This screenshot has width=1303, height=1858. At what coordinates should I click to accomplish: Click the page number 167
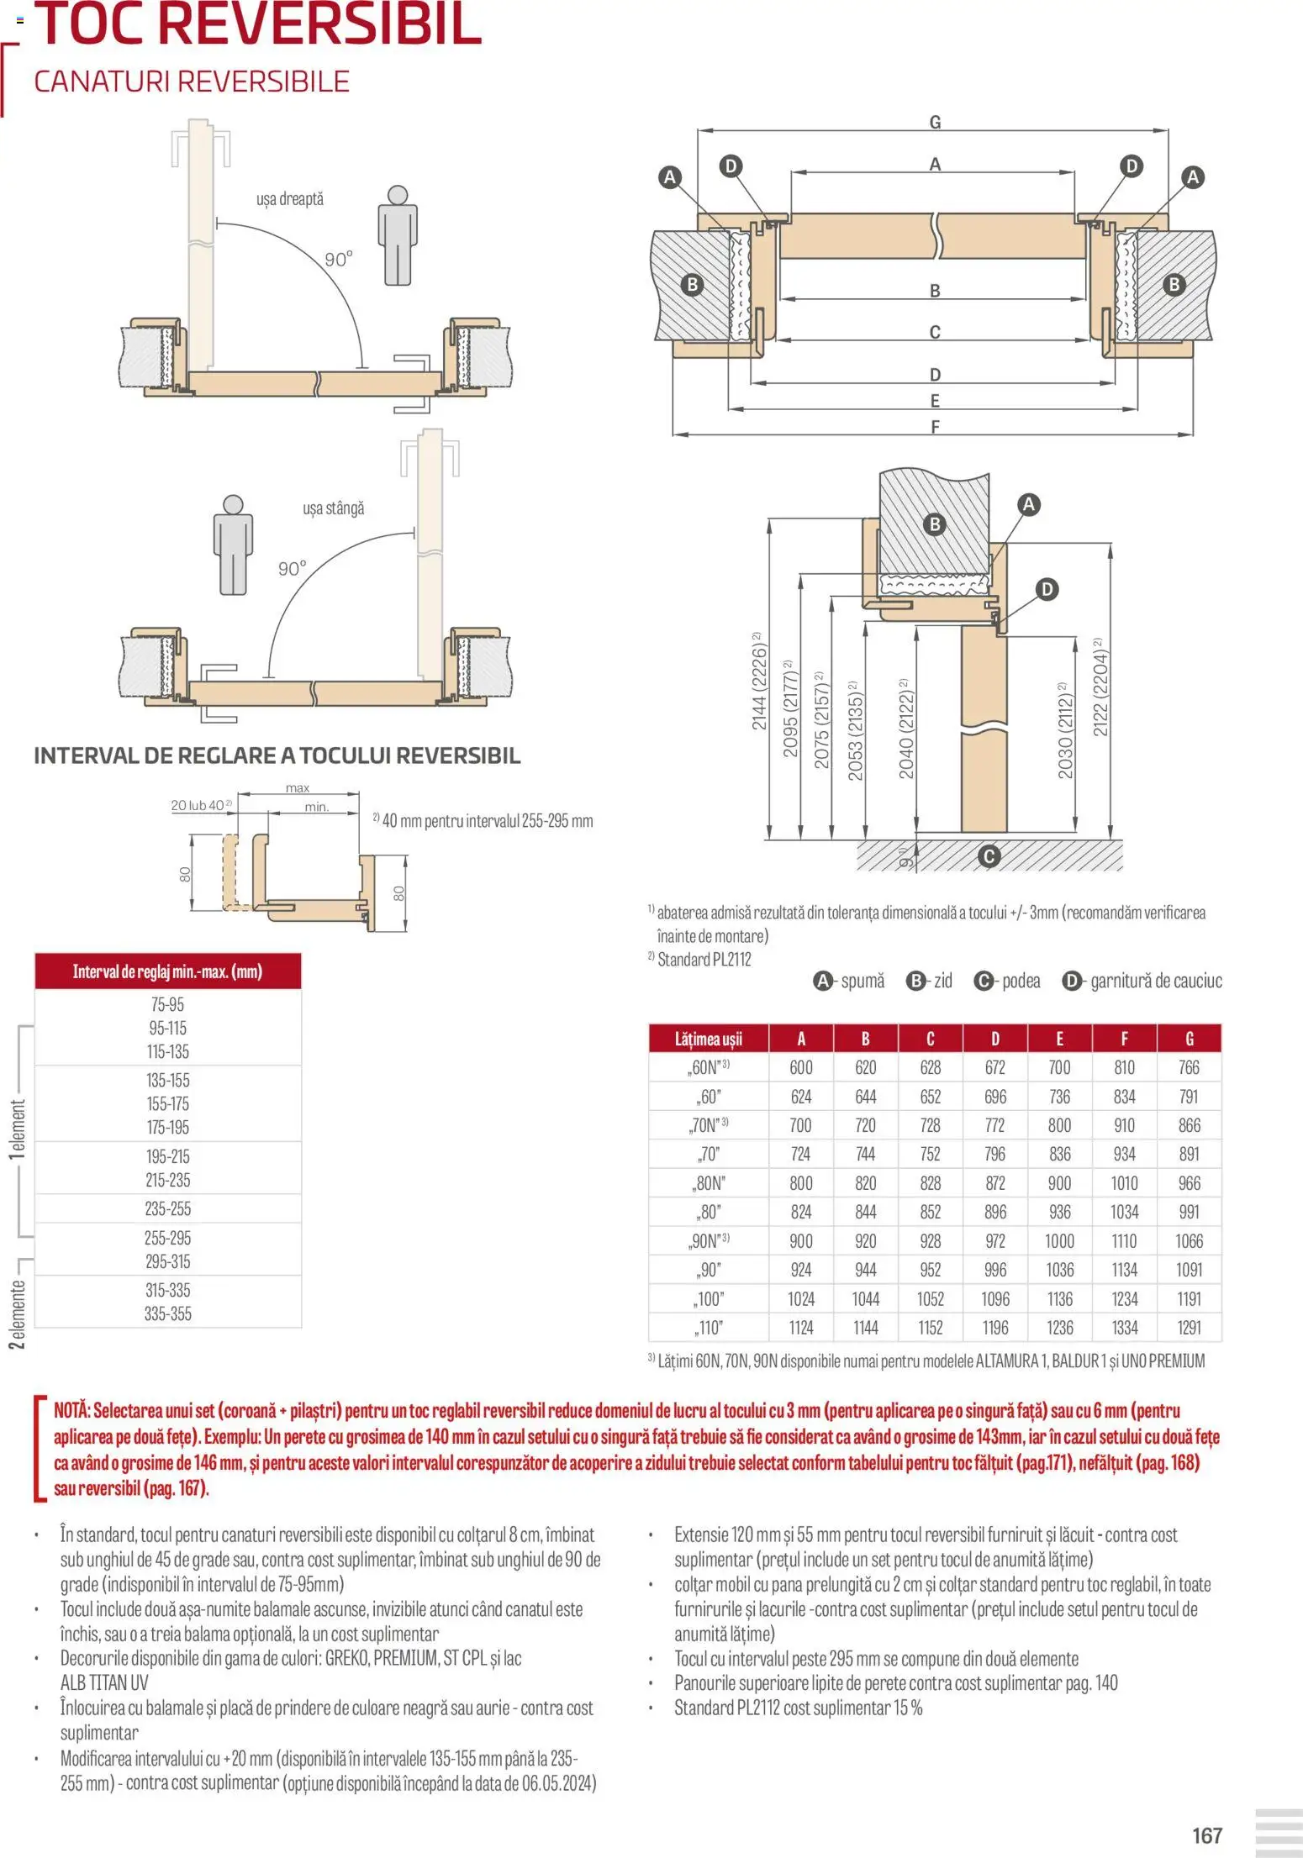[x=1206, y=1835]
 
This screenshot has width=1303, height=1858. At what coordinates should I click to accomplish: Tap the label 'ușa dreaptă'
[x=289, y=199]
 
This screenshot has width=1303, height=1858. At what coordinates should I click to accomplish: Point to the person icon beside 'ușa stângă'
[x=233, y=545]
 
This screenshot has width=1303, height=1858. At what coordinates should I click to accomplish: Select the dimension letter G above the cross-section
[x=935, y=122]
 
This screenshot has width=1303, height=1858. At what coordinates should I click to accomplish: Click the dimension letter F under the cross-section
[x=935, y=427]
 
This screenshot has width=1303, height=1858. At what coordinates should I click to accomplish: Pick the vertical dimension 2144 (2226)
[x=759, y=681]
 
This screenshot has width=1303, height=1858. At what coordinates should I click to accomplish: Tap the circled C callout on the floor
[x=989, y=856]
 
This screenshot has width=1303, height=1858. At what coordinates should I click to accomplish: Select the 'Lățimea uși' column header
[x=708, y=1039]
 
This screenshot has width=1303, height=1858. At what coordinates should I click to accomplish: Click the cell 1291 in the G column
[x=1189, y=1328]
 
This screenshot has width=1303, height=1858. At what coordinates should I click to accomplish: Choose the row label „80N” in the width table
[x=708, y=1183]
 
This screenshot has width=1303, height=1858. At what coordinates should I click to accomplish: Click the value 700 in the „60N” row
[x=1059, y=1067]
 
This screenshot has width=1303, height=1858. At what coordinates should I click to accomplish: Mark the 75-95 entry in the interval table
[x=167, y=1004]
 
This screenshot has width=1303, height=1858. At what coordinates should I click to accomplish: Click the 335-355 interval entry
[x=167, y=1313]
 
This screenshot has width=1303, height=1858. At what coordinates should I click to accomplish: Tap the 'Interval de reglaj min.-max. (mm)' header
[x=167, y=971]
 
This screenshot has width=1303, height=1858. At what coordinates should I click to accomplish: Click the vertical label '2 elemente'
[x=18, y=1314]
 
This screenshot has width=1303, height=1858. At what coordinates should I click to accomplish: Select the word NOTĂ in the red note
[x=71, y=1411]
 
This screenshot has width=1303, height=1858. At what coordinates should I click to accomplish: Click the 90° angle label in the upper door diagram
[x=339, y=259]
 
